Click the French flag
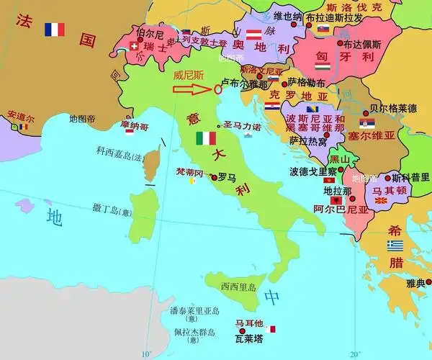click(x=54, y=30)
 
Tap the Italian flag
click(x=206, y=138)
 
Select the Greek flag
click(x=395, y=246)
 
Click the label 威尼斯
click(x=189, y=73)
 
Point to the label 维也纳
click(x=288, y=16)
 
